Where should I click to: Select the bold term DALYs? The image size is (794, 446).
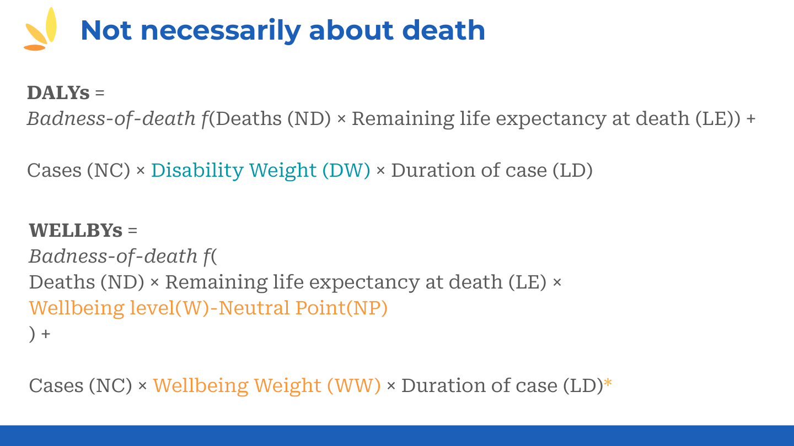[58, 93]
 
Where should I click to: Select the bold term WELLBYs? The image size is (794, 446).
[76, 230]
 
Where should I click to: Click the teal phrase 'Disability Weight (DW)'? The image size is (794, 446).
[261, 171]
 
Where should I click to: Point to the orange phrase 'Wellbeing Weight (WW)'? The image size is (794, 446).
[267, 385]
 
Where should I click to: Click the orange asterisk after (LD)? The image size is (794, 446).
[608, 384]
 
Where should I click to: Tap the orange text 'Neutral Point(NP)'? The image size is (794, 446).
[303, 308]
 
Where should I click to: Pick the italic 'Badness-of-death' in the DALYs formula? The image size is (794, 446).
[111, 118]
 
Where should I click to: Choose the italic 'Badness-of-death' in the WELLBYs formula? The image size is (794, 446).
[113, 256]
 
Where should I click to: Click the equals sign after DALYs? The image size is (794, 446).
[99, 93]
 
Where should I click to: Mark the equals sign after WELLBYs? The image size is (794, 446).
[132, 231]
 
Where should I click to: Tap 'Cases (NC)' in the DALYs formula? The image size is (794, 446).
[78, 171]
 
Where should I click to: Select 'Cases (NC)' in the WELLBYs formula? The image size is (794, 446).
[81, 385]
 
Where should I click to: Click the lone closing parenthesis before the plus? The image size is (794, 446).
[32, 334]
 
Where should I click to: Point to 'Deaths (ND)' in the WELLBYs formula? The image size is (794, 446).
[86, 282]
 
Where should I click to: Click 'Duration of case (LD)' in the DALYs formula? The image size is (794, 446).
[492, 171]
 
